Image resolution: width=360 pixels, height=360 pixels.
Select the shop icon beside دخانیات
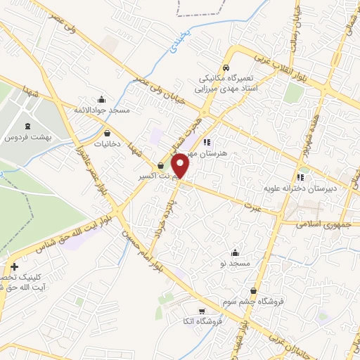(x=107, y=132)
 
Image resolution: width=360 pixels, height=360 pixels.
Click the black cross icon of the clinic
(x=14, y=266)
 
